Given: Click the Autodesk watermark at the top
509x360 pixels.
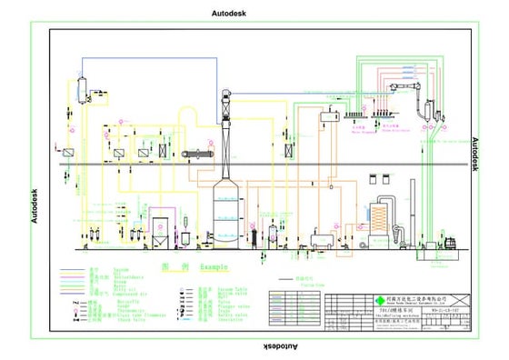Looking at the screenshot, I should point(228,14).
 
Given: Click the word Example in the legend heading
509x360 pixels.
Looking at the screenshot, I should point(208,267).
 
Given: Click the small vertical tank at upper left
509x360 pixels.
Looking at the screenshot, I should point(81,87).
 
